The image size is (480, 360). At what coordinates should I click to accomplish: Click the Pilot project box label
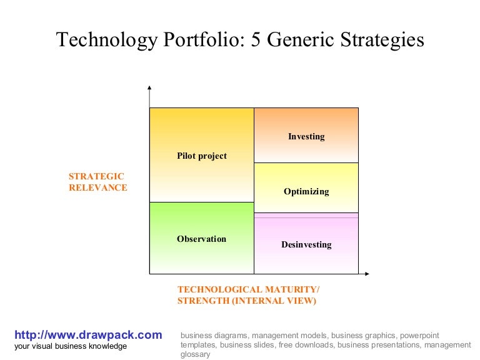(202, 156)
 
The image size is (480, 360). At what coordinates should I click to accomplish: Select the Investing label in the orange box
(306, 136)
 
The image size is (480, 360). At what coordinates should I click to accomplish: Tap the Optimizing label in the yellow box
(306, 192)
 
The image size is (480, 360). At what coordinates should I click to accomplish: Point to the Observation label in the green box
(201, 239)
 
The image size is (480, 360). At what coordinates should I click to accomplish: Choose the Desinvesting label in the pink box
(306, 244)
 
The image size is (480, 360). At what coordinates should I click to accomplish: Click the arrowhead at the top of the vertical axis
(149, 88)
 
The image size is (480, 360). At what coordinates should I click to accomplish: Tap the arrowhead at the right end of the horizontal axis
(367, 274)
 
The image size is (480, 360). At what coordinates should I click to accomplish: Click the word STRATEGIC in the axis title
(96, 176)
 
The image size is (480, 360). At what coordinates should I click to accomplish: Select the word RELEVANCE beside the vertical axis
(98, 187)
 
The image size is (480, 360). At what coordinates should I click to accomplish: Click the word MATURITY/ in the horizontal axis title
(292, 289)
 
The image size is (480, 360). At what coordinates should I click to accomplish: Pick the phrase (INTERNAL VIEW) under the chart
(274, 301)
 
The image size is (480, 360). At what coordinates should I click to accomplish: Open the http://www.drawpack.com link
(88, 335)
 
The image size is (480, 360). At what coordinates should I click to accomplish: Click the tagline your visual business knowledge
(71, 346)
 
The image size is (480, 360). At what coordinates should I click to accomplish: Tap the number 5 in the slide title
(256, 40)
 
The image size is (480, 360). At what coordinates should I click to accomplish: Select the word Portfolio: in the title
(204, 40)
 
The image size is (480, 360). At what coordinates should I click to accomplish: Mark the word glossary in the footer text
(195, 354)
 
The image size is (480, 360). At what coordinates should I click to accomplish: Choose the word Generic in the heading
(300, 40)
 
